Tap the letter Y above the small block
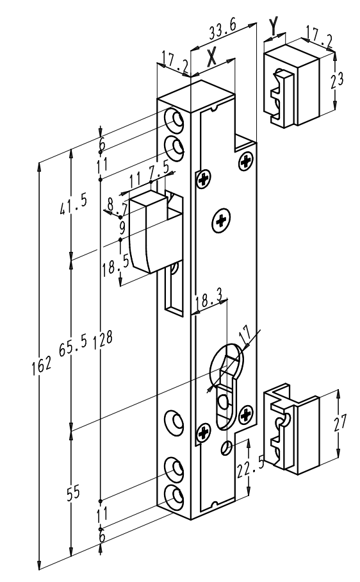point(274,25)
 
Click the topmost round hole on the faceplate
point(174,120)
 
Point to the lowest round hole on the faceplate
point(174,495)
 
